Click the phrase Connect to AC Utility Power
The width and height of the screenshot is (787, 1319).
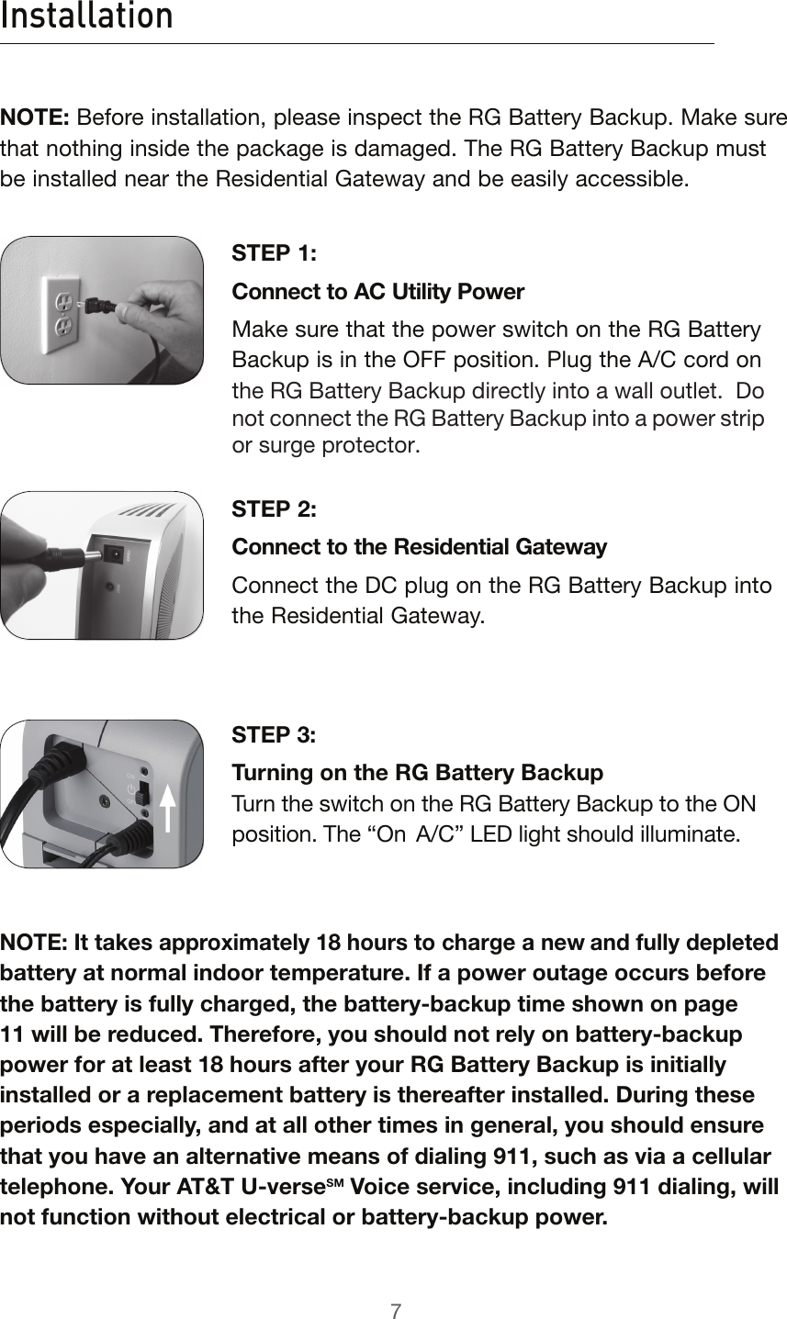pos(378,293)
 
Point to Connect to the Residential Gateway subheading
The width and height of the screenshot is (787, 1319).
pos(420,548)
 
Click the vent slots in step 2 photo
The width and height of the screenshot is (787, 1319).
pos(150,509)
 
